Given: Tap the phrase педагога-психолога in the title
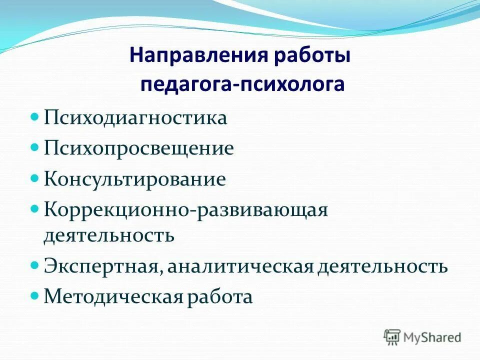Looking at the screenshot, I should click(x=242, y=84).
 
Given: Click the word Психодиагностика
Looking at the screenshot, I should click(x=135, y=118).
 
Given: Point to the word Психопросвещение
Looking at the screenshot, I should click(x=139, y=148).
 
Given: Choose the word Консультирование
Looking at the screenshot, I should click(x=135, y=179).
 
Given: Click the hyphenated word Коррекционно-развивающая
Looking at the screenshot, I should click(x=185, y=209).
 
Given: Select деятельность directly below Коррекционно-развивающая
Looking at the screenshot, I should click(x=109, y=235).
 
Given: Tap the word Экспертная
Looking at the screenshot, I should click(x=102, y=266).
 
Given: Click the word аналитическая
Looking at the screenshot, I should click(x=241, y=266).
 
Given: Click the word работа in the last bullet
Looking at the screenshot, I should click(x=220, y=297).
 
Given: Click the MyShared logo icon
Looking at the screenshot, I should click(x=392, y=337).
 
